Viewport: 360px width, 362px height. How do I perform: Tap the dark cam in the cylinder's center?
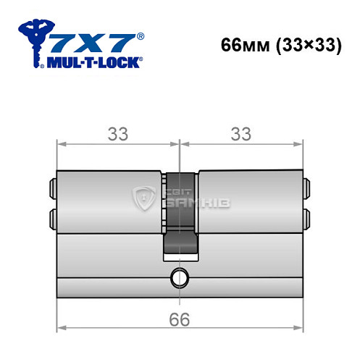coord(179,217)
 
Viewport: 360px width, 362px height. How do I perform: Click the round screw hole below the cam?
coord(179,277)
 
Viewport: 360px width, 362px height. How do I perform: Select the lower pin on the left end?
coord(51,217)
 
